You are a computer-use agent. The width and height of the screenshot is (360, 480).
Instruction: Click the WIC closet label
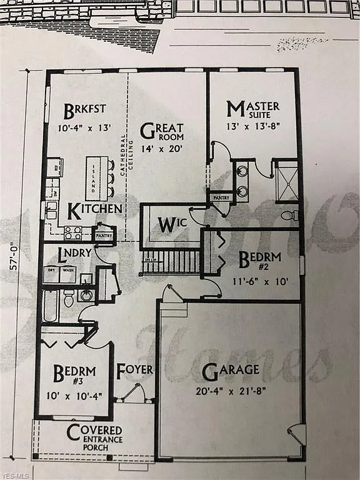tap(169, 224)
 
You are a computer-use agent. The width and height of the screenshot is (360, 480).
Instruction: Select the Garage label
tap(231, 369)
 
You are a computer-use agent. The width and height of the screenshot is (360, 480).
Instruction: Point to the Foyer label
tap(134, 369)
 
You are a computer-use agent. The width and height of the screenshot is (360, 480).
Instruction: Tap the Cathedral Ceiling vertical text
tap(124, 156)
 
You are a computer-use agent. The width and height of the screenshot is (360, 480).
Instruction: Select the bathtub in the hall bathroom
tap(51, 306)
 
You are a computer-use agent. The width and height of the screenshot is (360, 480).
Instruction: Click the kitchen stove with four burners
tap(73, 233)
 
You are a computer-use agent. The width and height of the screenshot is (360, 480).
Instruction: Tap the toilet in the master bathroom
tap(289, 216)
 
